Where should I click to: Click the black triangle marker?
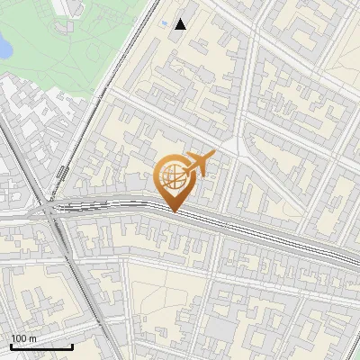[x=181, y=24]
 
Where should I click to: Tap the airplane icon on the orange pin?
[x=199, y=163]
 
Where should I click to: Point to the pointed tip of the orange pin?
[x=174, y=211]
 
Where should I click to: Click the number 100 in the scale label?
[x=18, y=338]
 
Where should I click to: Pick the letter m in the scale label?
[x=32, y=338]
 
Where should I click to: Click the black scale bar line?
[x=41, y=346]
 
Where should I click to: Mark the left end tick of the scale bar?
[x=11, y=345]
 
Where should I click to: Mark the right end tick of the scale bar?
[x=72, y=345]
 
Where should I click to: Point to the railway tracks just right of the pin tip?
[x=216, y=220]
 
